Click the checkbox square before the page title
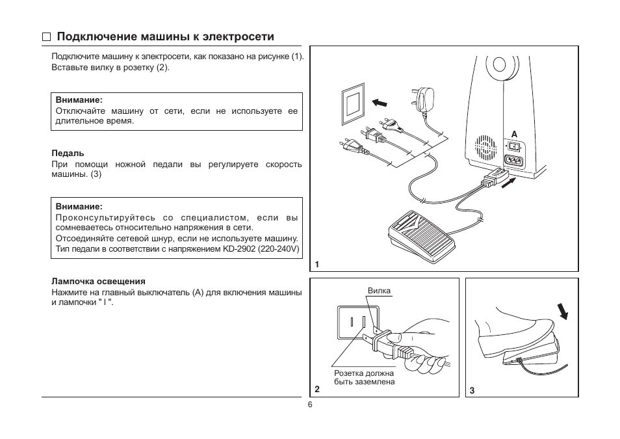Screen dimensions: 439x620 (46, 37)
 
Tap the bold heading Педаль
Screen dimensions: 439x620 (68, 153)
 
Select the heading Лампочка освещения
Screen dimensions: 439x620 (98, 281)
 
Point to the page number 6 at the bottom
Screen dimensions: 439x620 (310, 405)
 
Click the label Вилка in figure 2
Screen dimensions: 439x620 (379, 291)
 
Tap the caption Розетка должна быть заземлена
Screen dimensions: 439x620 (364, 378)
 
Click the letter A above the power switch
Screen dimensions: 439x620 (513, 133)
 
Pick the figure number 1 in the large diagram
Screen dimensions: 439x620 (317, 265)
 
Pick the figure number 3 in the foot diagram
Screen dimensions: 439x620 (472, 390)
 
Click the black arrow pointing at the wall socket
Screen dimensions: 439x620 (383, 102)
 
